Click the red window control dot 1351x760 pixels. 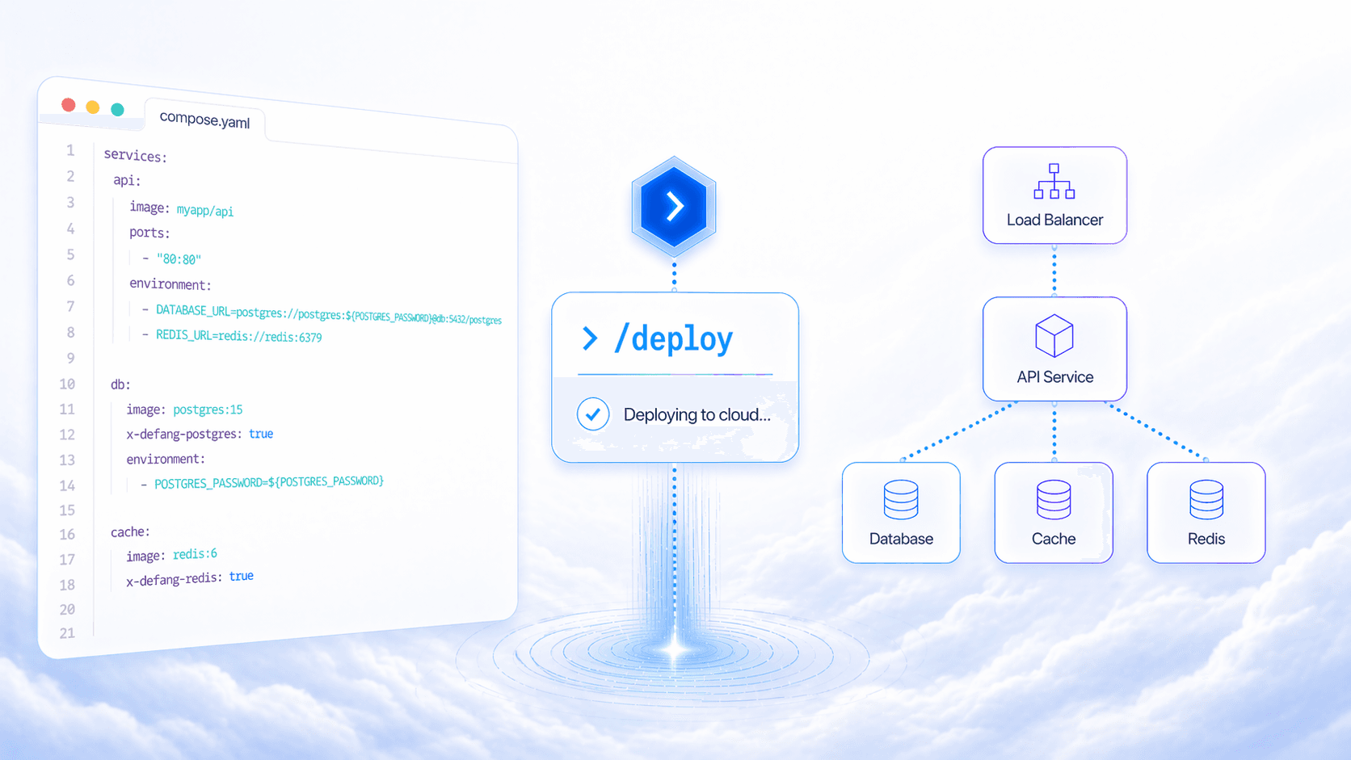pos(69,105)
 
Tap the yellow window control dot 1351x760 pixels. pos(93,107)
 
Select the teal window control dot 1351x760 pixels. pos(118,110)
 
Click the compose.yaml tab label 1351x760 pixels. pos(204,120)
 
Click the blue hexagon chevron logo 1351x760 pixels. pos(674,206)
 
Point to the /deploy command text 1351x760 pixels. pos(673,339)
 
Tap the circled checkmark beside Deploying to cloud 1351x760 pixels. pos(593,414)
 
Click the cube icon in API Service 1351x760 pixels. pos(1054,336)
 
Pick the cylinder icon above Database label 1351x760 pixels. pos(901,500)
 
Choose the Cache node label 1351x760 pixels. pos(1054,539)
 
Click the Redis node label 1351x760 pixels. pos(1206,539)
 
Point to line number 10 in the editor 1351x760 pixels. pos(67,384)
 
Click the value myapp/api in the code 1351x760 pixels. pos(205,211)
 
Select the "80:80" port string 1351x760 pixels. pos(179,259)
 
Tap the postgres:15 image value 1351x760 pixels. pos(208,409)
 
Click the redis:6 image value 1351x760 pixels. pos(195,554)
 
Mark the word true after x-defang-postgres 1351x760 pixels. pos(261,434)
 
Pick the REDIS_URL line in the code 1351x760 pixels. pos(238,336)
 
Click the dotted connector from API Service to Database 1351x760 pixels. pos(957,432)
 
